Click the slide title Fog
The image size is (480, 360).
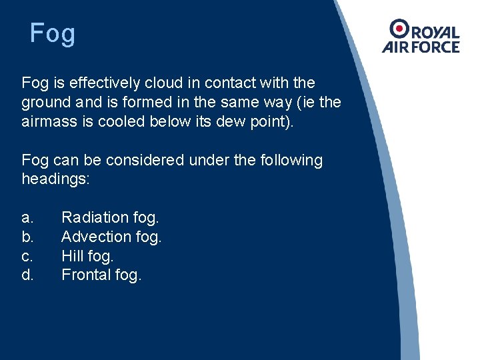pyautogui.click(x=53, y=33)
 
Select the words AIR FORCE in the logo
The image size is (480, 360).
pyautogui.click(x=421, y=47)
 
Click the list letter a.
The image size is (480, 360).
pyautogui.click(x=27, y=217)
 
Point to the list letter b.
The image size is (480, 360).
pyautogui.click(x=27, y=237)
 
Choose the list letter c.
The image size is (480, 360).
pyautogui.click(x=27, y=255)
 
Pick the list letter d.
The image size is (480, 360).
pyautogui.click(x=27, y=275)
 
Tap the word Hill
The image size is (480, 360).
pyautogui.click(x=72, y=255)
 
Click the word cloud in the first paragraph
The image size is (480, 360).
pyautogui.click(x=155, y=83)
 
